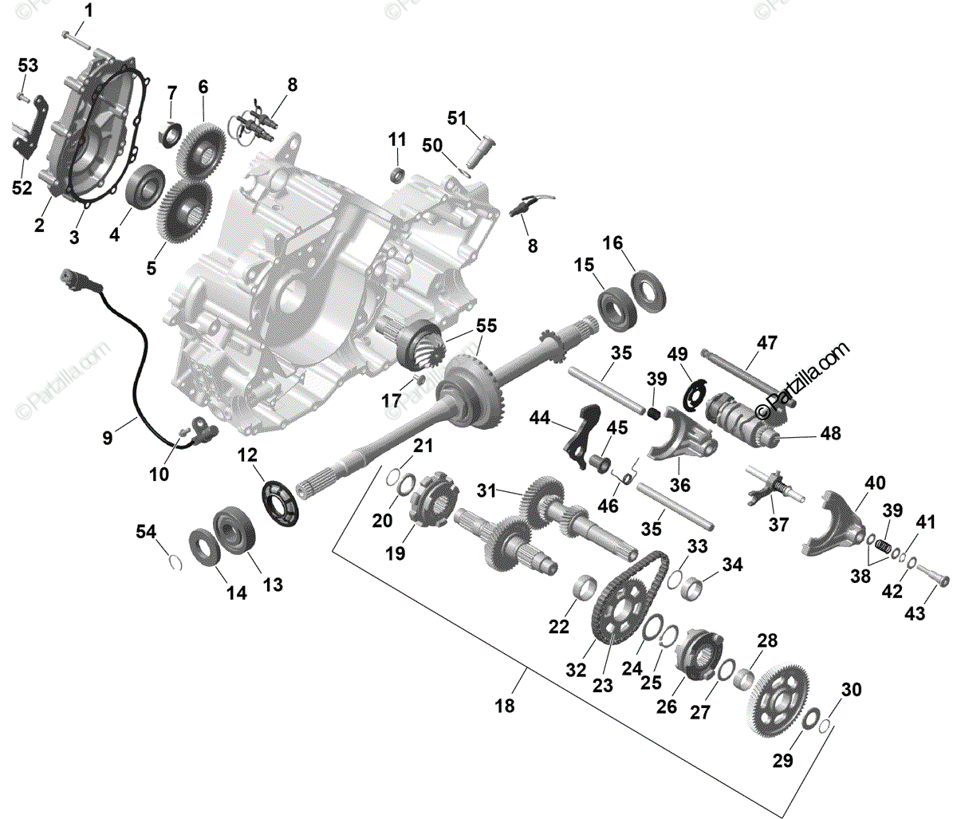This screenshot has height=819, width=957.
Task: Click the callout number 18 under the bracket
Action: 504,706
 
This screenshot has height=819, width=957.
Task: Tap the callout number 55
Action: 486,325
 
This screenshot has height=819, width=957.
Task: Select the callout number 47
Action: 766,343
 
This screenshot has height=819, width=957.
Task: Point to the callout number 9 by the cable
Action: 108,437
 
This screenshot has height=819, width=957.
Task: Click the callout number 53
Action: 28,65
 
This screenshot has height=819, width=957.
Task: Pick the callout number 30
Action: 852,689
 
